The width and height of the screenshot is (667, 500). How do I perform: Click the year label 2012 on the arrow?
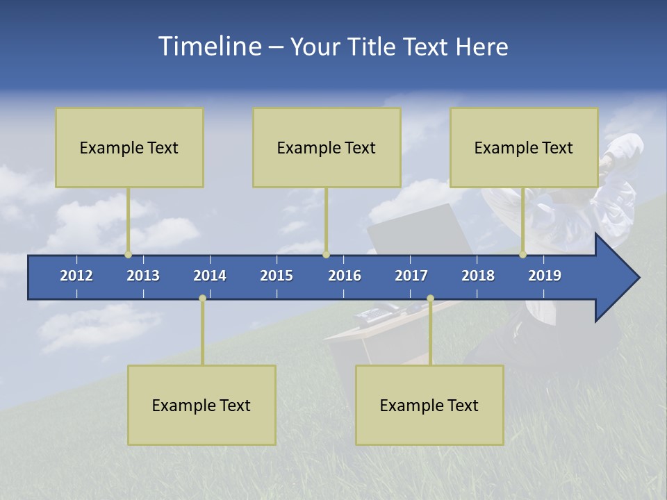click(x=76, y=276)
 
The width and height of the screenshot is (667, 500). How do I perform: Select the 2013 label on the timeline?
click(x=143, y=276)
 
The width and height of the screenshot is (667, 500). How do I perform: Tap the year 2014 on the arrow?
click(x=210, y=276)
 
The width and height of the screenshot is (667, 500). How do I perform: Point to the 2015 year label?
click(x=277, y=276)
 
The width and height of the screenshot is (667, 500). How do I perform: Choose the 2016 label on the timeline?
click(x=345, y=276)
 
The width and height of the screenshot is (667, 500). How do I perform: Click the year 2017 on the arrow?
click(x=411, y=276)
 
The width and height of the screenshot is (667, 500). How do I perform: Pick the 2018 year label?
click(x=478, y=276)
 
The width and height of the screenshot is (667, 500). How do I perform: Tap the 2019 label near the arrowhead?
click(x=545, y=276)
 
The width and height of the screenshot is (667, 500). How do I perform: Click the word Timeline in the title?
click(x=208, y=47)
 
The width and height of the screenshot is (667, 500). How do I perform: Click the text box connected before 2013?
click(x=129, y=147)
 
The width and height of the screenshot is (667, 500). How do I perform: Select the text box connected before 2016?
click(x=327, y=147)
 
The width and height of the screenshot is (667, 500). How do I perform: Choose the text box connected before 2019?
click(x=524, y=147)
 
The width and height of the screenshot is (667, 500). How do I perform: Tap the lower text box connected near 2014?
click(x=201, y=405)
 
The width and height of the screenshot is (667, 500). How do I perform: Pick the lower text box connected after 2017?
click(x=429, y=405)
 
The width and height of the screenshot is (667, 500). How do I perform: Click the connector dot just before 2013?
click(x=129, y=254)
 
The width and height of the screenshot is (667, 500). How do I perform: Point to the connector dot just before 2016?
click(x=326, y=254)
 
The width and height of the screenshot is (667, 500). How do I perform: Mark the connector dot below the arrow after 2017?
click(x=430, y=299)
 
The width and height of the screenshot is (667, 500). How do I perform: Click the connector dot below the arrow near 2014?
click(x=202, y=299)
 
